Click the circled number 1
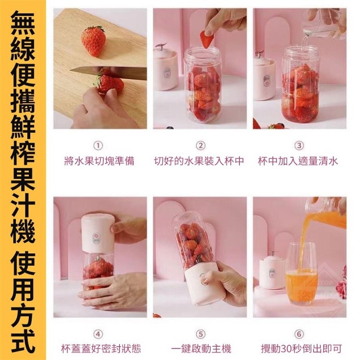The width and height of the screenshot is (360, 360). (x=98, y=145)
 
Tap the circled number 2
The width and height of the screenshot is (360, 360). (x=201, y=145)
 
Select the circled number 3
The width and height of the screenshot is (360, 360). (x=299, y=145)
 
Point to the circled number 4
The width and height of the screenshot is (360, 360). (x=98, y=334)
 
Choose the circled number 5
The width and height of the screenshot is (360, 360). (x=201, y=334)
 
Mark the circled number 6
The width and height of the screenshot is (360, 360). (x=299, y=334)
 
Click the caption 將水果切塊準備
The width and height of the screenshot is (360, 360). (x=99, y=161)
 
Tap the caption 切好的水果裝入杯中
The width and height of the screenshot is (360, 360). (x=199, y=161)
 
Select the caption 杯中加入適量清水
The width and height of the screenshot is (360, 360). (x=298, y=161)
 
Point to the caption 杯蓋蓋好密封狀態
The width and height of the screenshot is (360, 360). (x=101, y=349)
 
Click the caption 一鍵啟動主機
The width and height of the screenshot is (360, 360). (x=201, y=349)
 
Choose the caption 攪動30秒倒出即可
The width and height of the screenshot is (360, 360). (x=301, y=349)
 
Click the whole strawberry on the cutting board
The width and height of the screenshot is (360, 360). (x=94, y=41)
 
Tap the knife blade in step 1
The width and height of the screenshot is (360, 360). (x=108, y=72)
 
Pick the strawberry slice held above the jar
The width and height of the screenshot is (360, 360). (x=207, y=39)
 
